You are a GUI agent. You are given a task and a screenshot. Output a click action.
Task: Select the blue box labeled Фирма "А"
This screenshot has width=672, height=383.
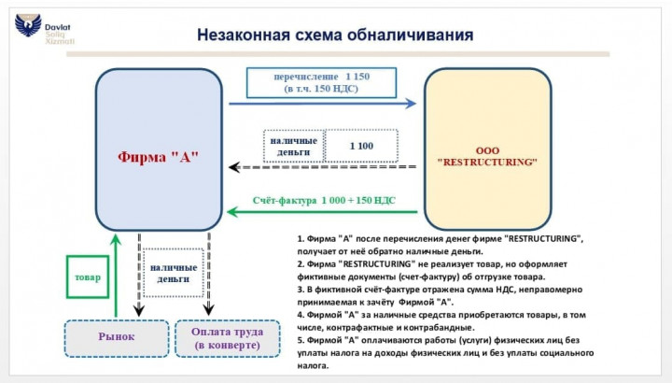(159, 149)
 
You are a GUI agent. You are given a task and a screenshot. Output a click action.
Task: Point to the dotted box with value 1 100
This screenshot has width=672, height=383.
(362, 146)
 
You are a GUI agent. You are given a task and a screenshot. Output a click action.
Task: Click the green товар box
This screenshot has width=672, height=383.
(88, 278)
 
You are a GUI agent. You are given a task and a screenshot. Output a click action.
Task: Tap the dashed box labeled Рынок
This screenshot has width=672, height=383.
(117, 337)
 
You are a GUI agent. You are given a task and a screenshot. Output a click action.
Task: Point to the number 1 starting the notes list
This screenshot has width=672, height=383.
(301, 240)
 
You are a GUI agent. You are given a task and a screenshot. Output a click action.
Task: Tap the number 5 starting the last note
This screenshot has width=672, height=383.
(301, 341)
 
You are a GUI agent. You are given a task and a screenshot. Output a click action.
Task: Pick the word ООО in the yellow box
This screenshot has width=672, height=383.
(487, 149)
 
